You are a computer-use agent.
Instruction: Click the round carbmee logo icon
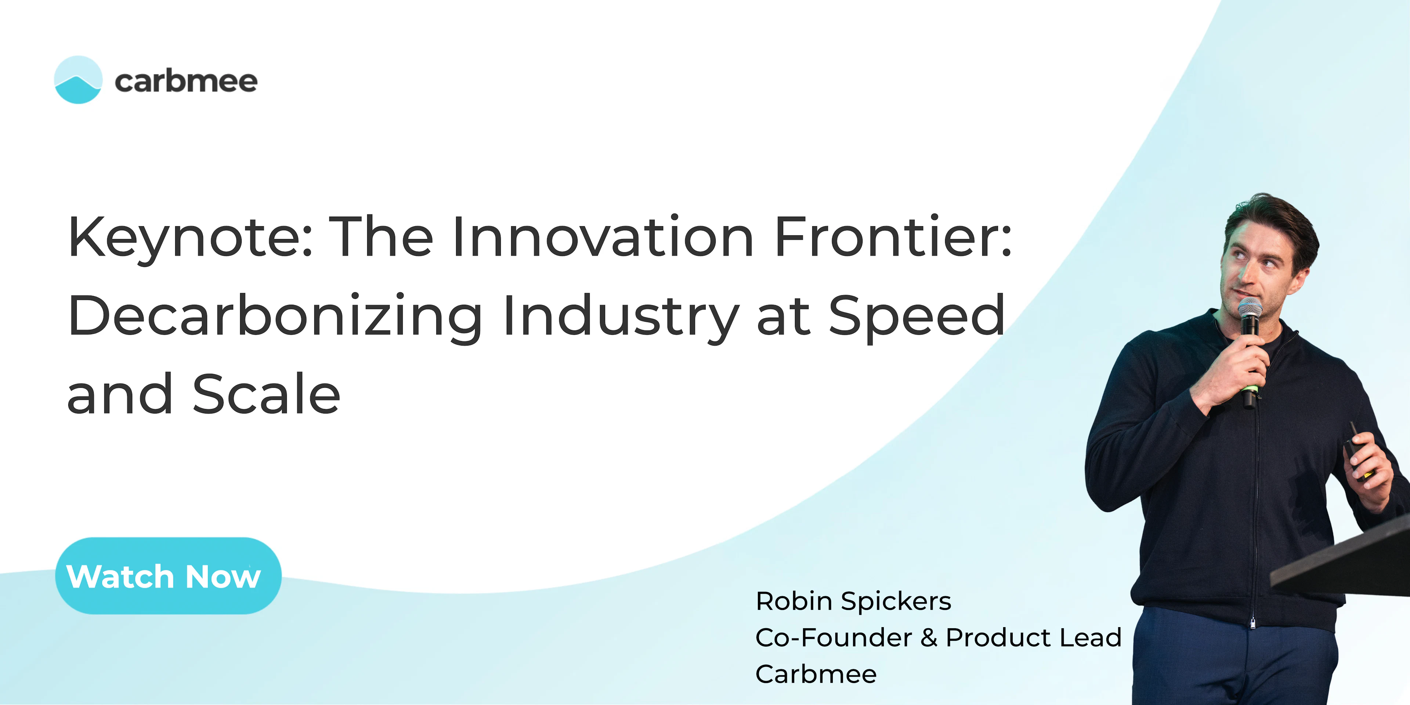click(x=78, y=80)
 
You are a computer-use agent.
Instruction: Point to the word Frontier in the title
click(x=893, y=236)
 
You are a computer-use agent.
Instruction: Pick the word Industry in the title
click(x=621, y=316)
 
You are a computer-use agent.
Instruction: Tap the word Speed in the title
click(x=917, y=316)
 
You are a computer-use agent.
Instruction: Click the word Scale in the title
click(x=267, y=394)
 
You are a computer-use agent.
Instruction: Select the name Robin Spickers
click(x=853, y=601)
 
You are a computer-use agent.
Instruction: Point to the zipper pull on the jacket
click(x=1253, y=623)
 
